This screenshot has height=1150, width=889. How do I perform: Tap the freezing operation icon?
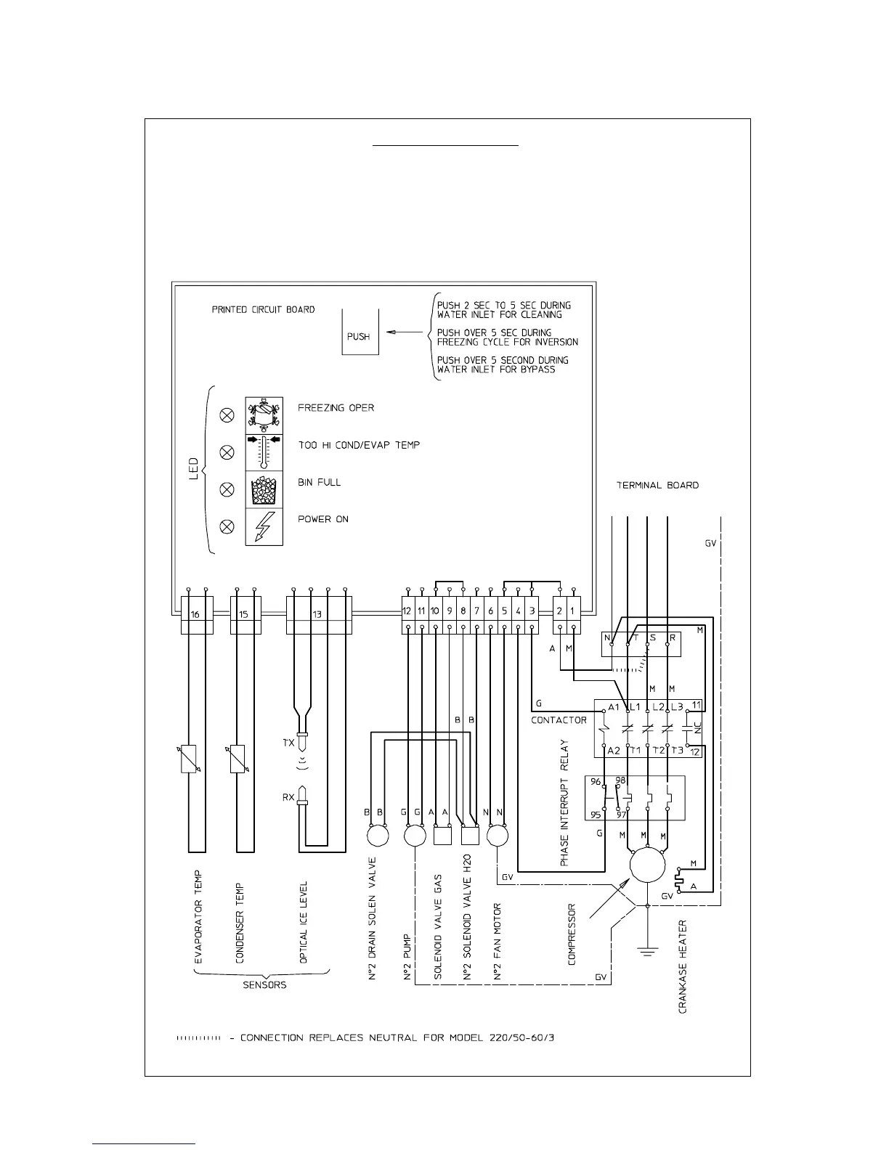point(264,415)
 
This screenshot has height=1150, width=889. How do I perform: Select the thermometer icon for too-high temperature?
point(264,453)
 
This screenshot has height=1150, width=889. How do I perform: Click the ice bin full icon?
point(264,490)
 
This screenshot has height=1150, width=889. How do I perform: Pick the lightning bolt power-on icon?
point(264,527)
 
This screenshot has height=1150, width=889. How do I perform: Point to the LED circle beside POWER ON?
point(227,527)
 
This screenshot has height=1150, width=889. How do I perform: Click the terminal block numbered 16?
point(195,614)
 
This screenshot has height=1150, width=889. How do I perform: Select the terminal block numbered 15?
point(244,614)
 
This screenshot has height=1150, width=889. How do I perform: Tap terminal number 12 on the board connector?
point(407,611)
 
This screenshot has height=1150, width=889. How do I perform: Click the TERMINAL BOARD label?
point(657,485)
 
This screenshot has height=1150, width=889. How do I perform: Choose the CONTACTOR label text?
point(559,720)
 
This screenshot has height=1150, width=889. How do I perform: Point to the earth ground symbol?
point(647,948)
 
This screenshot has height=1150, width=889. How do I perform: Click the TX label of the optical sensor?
point(288,743)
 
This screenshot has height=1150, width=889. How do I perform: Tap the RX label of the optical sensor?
point(288,797)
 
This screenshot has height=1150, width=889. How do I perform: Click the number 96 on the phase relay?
point(596,782)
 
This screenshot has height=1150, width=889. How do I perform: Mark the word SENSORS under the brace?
point(264,985)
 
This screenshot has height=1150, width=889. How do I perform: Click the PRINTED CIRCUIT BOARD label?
point(263,309)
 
